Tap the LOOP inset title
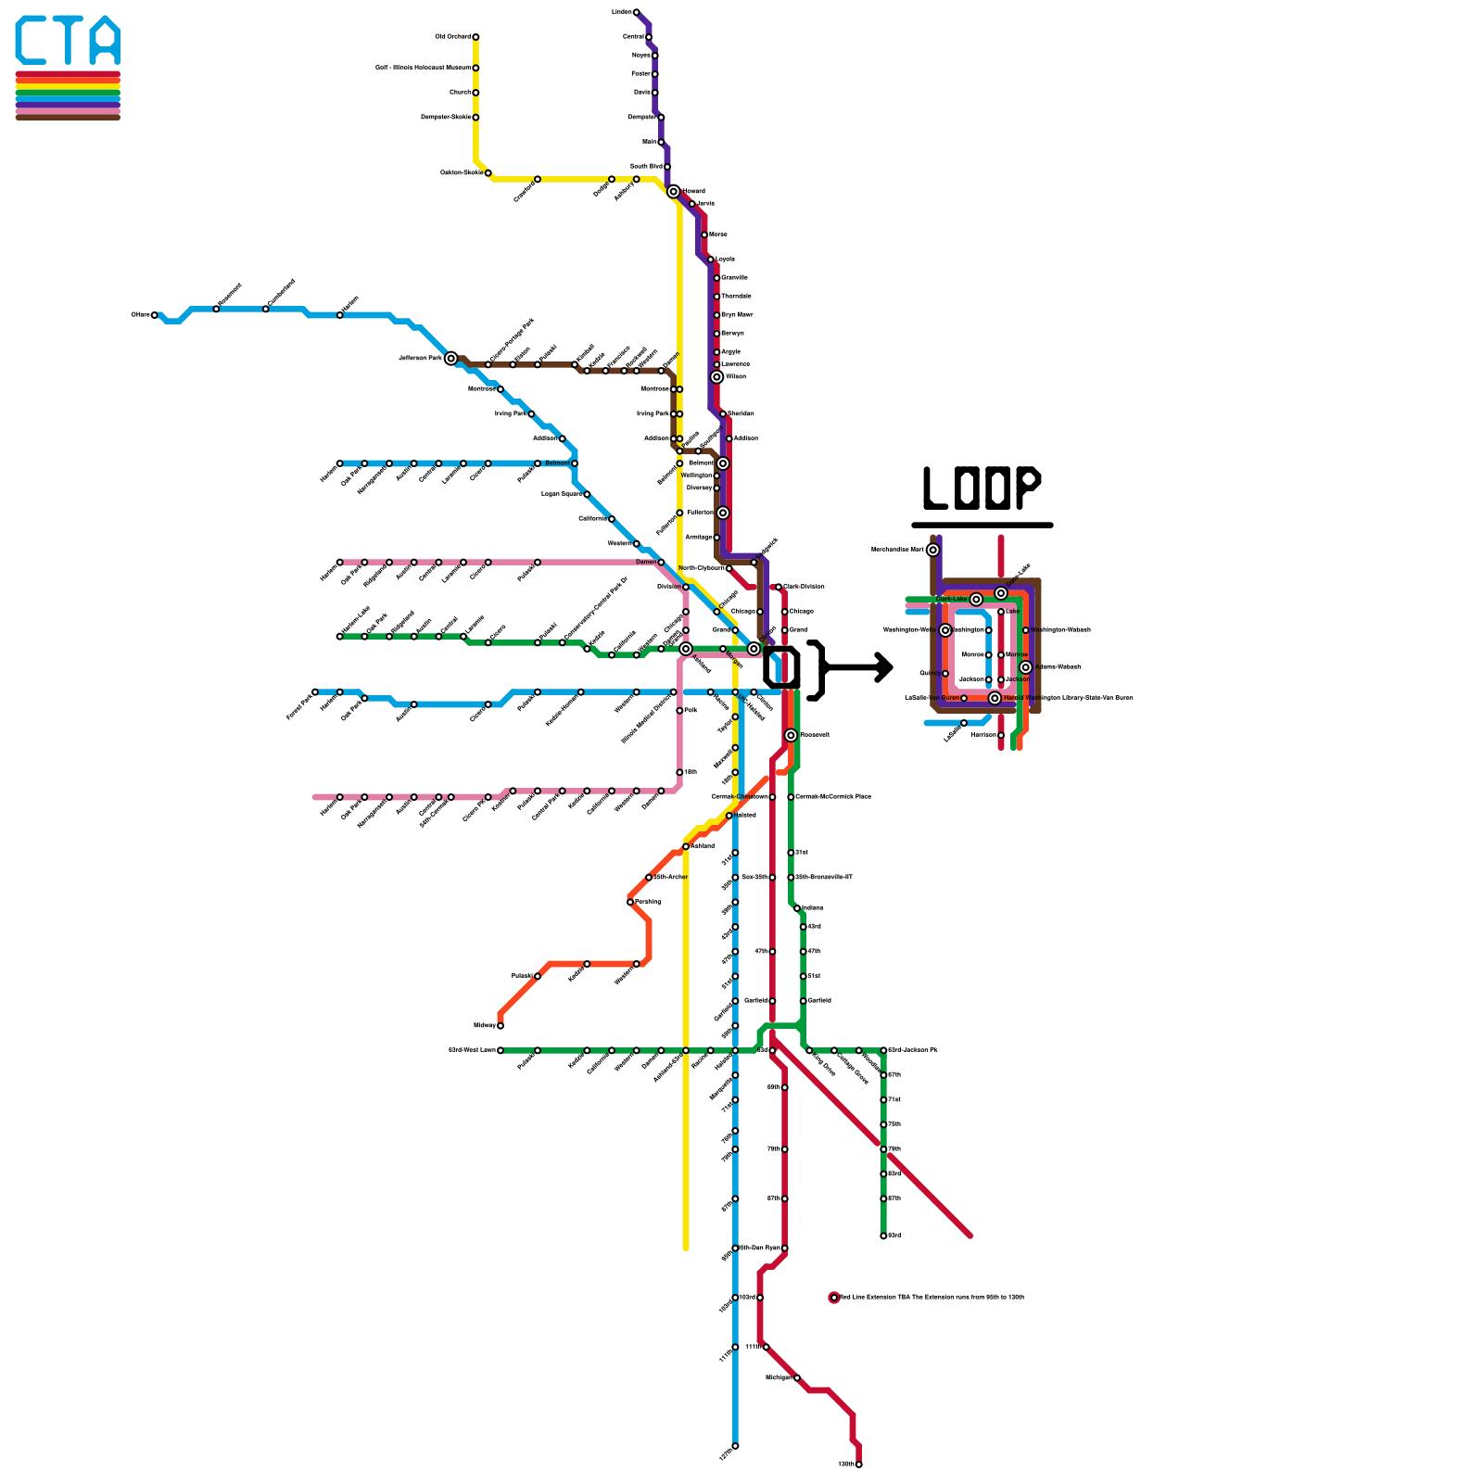point(982,488)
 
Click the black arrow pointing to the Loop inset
point(858,666)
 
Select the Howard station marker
point(674,192)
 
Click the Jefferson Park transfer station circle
point(450,359)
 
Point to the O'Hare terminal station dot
point(155,315)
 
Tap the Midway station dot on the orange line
point(501,1025)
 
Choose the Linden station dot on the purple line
point(636,12)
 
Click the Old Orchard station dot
point(475,37)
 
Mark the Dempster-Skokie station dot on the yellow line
point(475,118)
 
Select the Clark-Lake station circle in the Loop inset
point(976,600)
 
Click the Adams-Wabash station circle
point(1025,667)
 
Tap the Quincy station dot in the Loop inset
point(945,673)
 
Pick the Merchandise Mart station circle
point(932,550)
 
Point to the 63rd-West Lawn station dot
point(501,1050)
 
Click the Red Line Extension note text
point(932,1298)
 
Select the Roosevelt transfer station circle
point(791,735)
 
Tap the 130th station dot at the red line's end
point(859,1464)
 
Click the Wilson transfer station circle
point(716,377)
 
